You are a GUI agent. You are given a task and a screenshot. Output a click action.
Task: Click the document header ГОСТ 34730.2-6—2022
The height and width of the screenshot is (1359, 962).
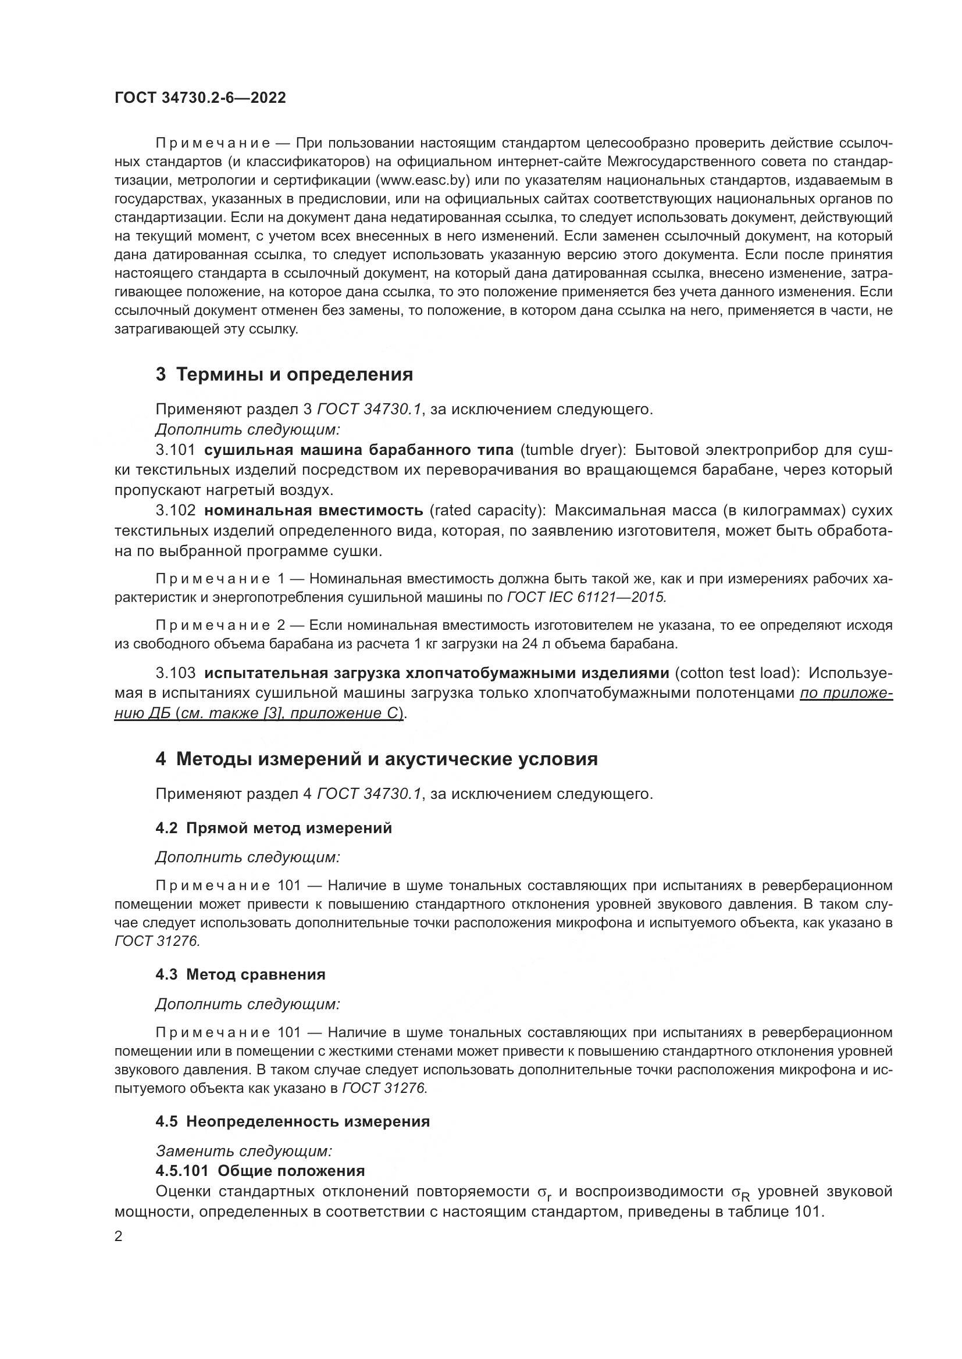[200, 98]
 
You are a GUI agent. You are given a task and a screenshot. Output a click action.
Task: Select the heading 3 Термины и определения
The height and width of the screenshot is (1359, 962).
[284, 375]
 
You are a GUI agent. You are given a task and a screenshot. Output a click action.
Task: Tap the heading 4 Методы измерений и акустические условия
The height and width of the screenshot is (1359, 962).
[377, 759]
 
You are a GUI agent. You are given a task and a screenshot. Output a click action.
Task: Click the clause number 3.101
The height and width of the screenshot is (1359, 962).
[175, 450]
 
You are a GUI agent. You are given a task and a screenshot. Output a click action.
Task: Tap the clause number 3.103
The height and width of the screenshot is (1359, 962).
[175, 673]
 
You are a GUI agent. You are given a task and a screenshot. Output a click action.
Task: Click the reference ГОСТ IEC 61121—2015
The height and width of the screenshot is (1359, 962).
[586, 597]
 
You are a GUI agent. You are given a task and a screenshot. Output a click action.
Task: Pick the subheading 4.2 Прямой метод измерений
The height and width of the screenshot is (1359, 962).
[274, 828]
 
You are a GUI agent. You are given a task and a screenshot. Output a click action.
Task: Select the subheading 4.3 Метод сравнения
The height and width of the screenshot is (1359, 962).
[241, 975]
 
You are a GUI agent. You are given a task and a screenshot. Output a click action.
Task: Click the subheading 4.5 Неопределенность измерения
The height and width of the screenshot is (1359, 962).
[293, 1121]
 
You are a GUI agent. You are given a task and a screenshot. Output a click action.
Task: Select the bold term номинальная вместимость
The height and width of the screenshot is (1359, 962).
[313, 510]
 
